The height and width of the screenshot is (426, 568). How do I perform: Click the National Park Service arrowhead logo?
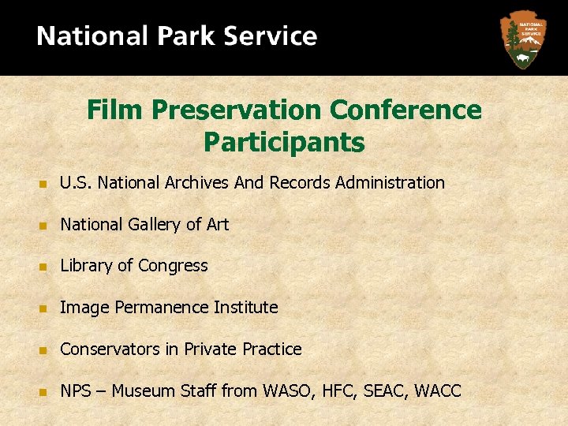pyautogui.click(x=521, y=39)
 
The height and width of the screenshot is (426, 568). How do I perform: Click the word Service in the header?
pyautogui.click(x=271, y=37)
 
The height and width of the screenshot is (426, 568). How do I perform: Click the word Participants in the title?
pyautogui.click(x=284, y=143)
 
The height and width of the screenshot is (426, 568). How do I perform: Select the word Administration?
pyautogui.click(x=390, y=183)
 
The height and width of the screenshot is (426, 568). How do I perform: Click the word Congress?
pyautogui.click(x=173, y=266)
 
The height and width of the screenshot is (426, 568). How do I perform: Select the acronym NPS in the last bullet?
pyautogui.click(x=77, y=390)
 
